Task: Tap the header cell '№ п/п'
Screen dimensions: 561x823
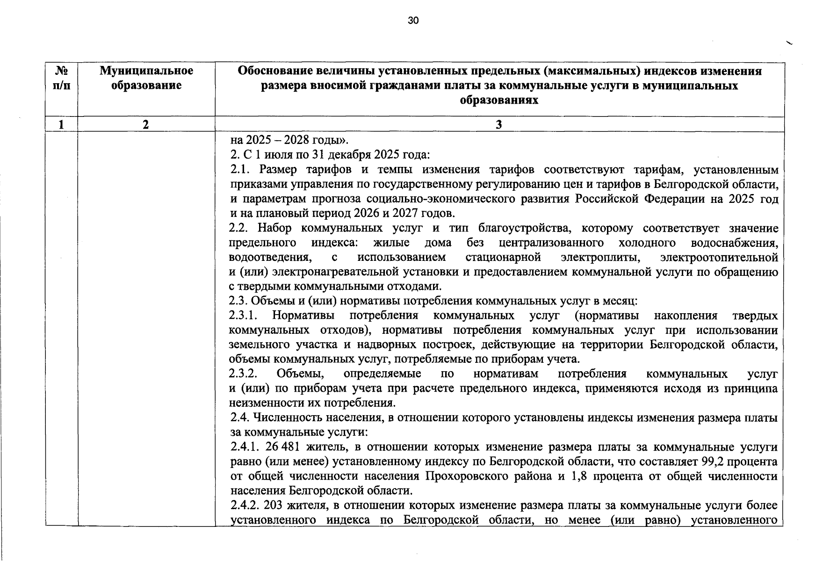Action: pos(62,79)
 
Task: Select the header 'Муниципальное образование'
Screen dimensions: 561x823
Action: pos(146,79)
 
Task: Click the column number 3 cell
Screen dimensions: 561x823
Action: pos(498,124)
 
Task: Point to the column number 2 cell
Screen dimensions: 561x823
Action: pos(146,124)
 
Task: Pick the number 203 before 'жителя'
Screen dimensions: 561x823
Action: pos(274,505)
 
